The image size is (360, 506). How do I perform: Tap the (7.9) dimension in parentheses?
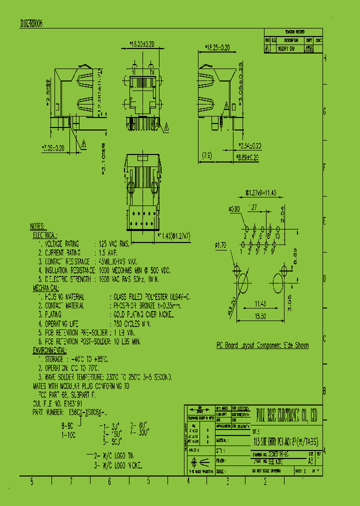tap(207, 156)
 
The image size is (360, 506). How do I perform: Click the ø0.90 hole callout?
tap(234, 208)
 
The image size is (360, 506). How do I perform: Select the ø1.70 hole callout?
tap(220, 245)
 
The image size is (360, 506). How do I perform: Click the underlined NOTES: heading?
tap(37, 226)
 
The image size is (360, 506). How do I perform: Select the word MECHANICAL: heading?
tap(46, 289)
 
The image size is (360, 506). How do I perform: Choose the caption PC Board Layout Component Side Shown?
tap(262, 345)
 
